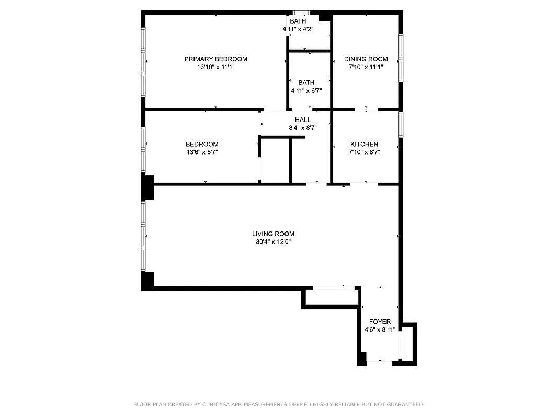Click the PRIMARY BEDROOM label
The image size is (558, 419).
215,59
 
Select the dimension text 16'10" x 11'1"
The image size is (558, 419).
215,67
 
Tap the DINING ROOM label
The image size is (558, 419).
366,59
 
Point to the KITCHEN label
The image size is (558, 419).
364,145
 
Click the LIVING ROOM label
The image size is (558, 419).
273,234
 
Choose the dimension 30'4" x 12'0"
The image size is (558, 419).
273,242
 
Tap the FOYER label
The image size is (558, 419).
380,322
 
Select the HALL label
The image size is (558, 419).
302,120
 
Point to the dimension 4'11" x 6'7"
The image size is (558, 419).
306,91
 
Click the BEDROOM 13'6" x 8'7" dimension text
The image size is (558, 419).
202,152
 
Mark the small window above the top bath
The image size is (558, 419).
301,13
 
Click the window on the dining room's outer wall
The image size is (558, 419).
401,58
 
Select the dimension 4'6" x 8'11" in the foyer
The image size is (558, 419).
380,330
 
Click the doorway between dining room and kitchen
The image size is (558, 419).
366,109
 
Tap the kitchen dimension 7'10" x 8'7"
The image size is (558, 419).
364,152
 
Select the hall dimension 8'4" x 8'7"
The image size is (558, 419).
302,128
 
